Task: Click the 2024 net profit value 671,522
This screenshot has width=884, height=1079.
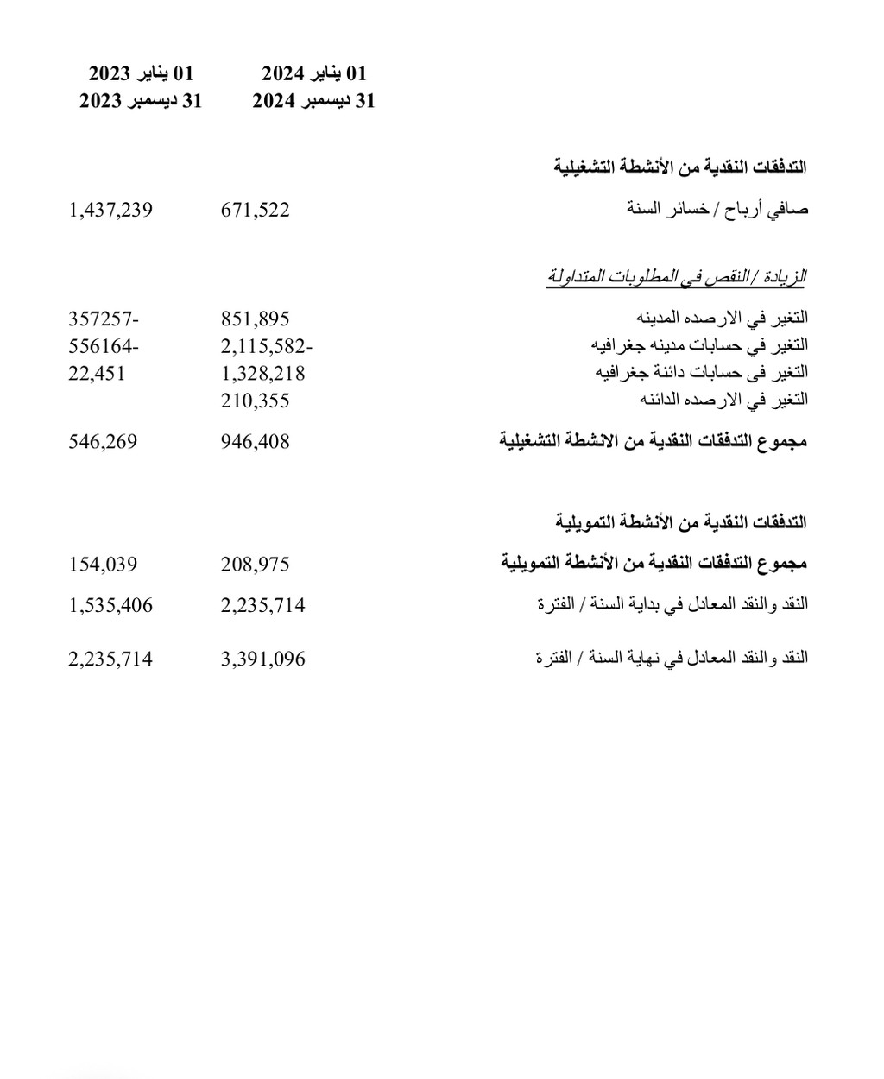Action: (x=256, y=210)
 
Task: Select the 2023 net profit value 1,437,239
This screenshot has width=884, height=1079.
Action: (x=110, y=210)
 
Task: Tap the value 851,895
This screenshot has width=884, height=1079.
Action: (x=256, y=319)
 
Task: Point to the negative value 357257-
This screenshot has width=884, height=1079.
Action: (x=104, y=319)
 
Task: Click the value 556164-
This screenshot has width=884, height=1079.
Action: (x=104, y=346)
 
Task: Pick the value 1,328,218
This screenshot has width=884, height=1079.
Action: (x=263, y=373)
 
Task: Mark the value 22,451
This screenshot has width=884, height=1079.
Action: (x=97, y=373)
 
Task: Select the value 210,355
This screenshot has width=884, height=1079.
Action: (x=256, y=401)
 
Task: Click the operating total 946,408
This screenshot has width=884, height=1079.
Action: (x=256, y=442)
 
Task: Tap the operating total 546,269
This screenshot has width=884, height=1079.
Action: (x=103, y=442)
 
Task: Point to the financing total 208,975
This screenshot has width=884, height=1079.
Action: (x=256, y=565)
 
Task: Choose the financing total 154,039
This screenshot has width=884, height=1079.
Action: (x=103, y=565)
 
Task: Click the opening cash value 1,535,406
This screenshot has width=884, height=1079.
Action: (x=110, y=606)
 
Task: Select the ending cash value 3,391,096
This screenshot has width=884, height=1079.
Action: (x=263, y=659)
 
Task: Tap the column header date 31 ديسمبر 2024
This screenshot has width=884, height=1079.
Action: (x=314, y=101)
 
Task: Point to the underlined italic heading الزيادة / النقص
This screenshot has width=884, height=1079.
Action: (x=676, y=277)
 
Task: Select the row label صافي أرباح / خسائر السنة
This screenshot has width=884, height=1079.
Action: (x=718, y=209)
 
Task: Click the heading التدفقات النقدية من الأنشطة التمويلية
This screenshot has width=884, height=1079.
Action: (x=681, y=522)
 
